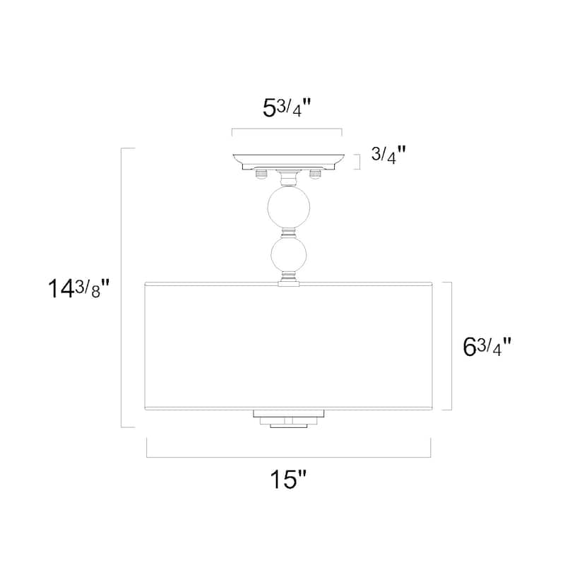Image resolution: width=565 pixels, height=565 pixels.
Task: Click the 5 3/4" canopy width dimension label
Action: pos(287,108)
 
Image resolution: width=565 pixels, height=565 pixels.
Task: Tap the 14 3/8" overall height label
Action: pos(79,288)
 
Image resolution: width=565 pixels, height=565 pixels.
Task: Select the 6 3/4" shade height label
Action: pos(487,347)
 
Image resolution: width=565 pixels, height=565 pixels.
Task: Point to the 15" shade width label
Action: pos(288,480)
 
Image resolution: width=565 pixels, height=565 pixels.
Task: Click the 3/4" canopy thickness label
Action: pos(388,155)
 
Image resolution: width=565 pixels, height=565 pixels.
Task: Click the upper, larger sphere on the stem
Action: pos(289,207)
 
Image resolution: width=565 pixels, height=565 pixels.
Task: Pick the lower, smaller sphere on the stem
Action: pos(289,254)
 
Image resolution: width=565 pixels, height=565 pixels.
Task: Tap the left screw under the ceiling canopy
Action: pos(261,174)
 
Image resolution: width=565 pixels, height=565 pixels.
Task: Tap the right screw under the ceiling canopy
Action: pos(315,174)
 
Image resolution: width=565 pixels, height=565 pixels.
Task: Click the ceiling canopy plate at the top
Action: pos(289,162)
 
